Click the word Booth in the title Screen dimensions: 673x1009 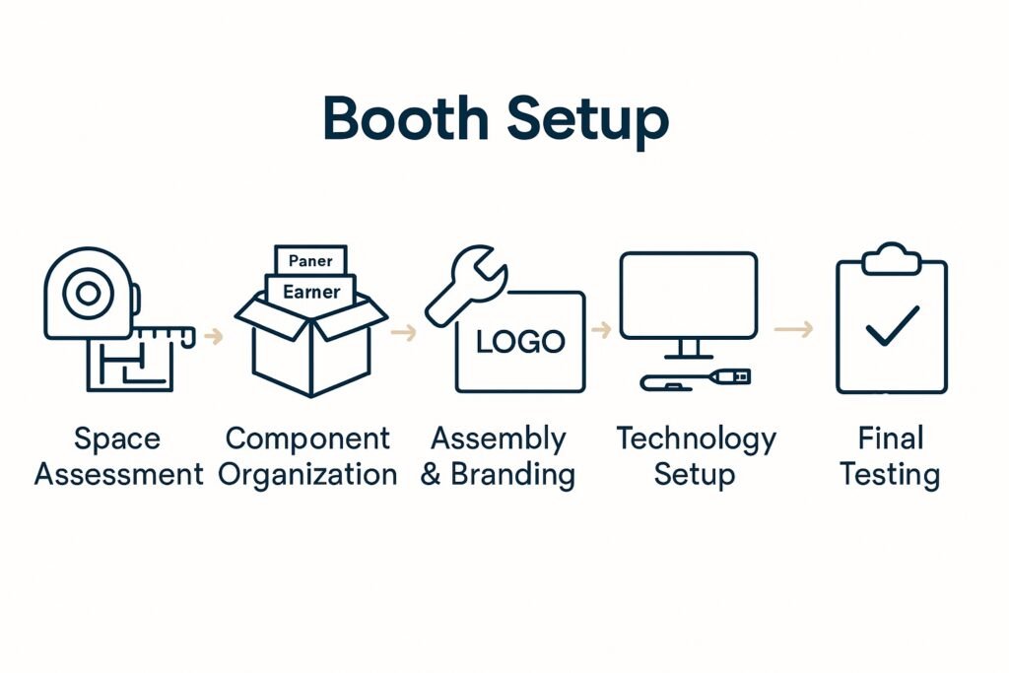click(x=407, y=120)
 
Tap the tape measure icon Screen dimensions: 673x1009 click(x=88, y=293)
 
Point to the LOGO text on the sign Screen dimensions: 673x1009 click(x=520, y=342)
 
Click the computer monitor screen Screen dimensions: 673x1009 click(x=688, y=295)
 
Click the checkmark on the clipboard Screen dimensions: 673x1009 click(x=892, y=325)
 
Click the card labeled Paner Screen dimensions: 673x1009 click(x=310, y=261)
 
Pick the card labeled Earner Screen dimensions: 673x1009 click(x=310, y=292)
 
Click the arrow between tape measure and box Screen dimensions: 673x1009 click(x=213, y=337)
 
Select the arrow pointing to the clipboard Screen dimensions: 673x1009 click(x=793, y=329)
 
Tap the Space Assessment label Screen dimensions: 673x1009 click(x=118, y=456)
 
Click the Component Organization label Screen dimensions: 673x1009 click(x=307, y=456)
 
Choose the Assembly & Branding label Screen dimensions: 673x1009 click(x=498, y=456)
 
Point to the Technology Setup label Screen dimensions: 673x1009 click(x=696, y=456)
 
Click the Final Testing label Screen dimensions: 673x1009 click(x=889, y=456)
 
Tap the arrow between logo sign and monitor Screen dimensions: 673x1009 click(x=600, y=329)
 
